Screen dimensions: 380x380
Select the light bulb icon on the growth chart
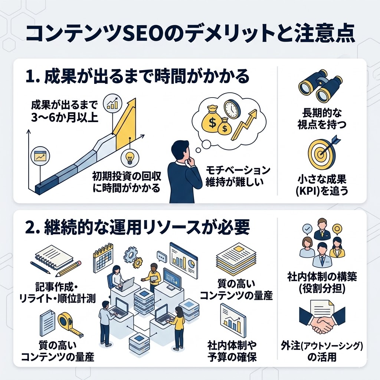pos(130,157)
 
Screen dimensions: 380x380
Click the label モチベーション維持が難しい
pos(237,176)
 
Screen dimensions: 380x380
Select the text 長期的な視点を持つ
pos(322,118)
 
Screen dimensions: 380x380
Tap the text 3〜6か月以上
pos(64,118)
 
